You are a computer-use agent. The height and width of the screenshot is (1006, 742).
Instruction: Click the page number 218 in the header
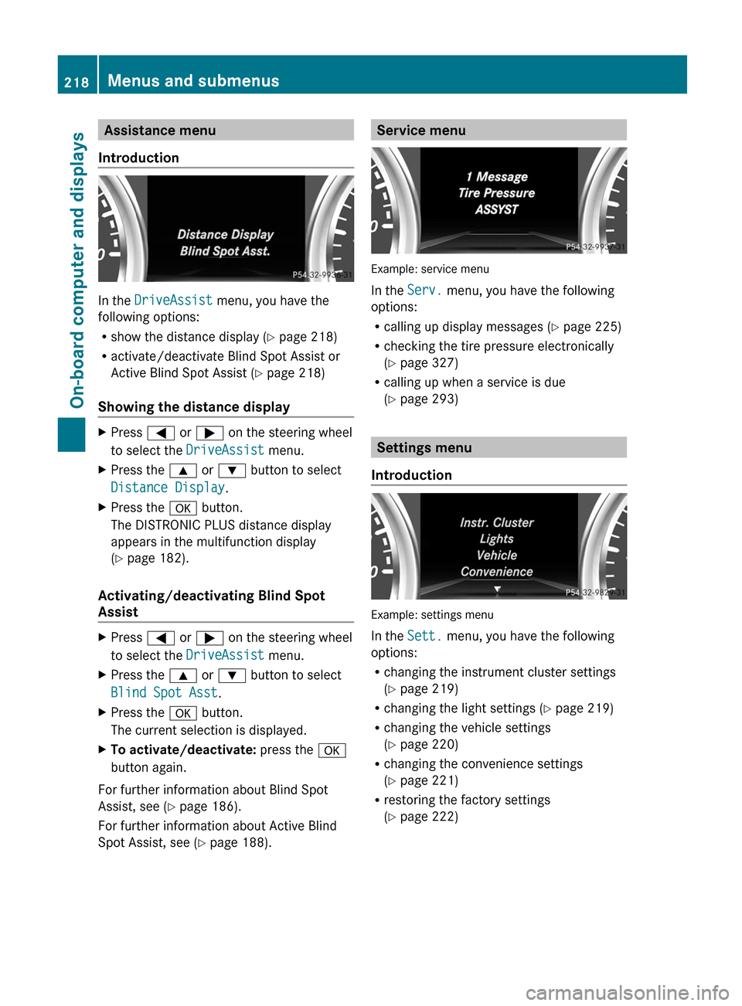(77, 82)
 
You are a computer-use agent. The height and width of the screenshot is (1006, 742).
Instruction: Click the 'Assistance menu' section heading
(160, 131)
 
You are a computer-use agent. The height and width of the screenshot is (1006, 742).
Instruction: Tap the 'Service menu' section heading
(421, 131)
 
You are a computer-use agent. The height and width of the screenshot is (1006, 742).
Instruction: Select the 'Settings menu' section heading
(424, 448)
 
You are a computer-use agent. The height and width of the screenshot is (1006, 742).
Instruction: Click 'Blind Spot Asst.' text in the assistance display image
(225, 251)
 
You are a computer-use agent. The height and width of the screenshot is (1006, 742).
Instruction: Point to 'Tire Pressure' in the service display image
(496, 193)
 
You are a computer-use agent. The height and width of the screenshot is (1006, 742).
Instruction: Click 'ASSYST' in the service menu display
(496, 209)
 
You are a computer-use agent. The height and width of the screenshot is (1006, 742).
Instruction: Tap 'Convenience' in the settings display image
(496, 572)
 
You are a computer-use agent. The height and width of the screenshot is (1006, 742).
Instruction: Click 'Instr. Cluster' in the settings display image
(496, 523)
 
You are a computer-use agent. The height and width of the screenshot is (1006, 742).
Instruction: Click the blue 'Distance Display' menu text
(168, 488)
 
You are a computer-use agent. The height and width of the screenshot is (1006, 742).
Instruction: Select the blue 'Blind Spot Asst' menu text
(164, 693)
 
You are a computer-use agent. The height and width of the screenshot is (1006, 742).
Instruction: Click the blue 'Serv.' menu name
(424, 291)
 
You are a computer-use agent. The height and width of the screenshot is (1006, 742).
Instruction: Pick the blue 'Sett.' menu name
(424, 636)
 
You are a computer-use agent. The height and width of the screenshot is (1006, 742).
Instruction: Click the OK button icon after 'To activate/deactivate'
(332, 750)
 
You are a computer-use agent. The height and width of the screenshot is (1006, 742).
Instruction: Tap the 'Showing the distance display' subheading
(194, 407)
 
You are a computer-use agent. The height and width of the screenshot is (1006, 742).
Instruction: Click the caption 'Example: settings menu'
(432, 615)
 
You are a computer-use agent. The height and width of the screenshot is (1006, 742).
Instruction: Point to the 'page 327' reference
(428, 363)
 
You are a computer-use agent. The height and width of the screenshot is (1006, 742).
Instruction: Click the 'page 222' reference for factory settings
(428, 817)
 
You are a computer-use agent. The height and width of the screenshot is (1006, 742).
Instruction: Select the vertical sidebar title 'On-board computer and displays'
(77, 270)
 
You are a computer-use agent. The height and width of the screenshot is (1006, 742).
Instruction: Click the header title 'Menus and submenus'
(193, 81)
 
